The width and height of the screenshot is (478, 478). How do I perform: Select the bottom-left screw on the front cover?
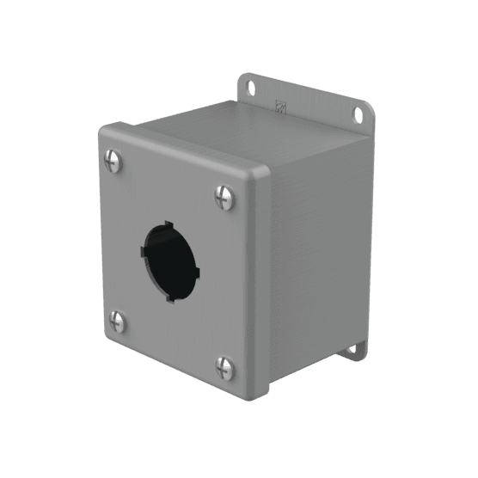coord(118,322)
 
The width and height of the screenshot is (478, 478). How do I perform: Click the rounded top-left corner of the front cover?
coord(104,132)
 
